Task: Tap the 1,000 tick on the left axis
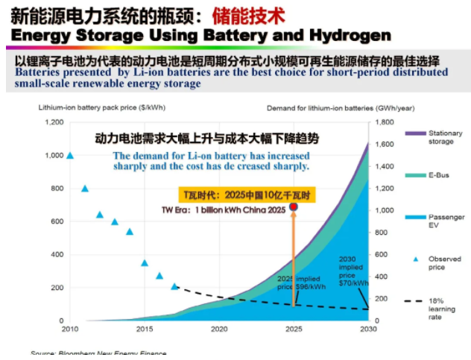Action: coord(54,156)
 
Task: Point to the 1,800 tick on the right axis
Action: coord(384,122)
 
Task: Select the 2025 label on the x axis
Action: coord(294,329)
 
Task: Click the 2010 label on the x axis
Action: coord(69,329)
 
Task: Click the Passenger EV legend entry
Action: coord(445,221)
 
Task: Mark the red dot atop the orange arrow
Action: coord(293,206)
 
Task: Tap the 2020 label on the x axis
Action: coord(218,329)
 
